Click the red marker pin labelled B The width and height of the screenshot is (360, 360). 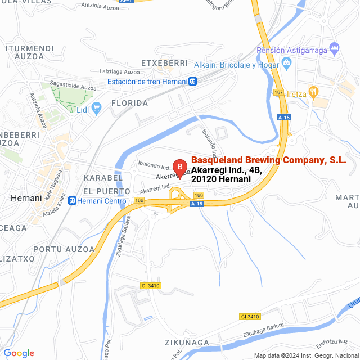point(179,166)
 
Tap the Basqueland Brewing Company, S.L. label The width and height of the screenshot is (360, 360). point(269,160)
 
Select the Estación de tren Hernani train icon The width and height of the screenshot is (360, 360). point(193,81)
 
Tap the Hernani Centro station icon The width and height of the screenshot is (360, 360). point(71,199)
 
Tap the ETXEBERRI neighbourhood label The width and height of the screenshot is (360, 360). point(164,63)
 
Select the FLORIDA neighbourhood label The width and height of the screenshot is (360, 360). point(129,103)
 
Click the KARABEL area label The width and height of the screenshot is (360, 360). point(103,178)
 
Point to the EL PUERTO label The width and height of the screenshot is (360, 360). point(106,191)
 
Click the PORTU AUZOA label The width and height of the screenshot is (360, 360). point(64,249)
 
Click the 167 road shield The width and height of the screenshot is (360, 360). point(278,92)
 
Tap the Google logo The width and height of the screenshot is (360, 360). point(19,353)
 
